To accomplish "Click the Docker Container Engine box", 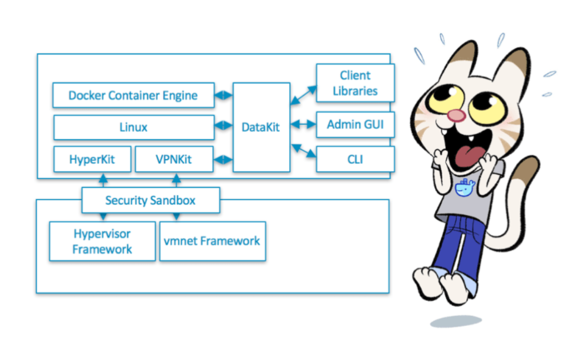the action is pyautogui.click(x=134, y=95).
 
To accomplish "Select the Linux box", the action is pyautogui.click(x=134, y=127).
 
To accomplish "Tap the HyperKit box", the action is pyautogui.click(x=93, y=159).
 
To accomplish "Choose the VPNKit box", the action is pyautogui.click(x=174, y=159).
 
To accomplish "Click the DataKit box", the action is pyautogui.click(x=261, y=127).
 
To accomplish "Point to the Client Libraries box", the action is pyautogui.click(x=355, y=83).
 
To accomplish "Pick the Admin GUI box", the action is pyautogui.click(x=355, y=124).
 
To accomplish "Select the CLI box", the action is pyautogui.click(x=355, y=159).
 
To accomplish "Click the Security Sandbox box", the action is pyautogui.click(x=151, y=200).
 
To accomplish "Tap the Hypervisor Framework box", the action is pyautogui.click(x=102, y=242).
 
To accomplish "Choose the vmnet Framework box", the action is pyautogui.click(x=213, y=242).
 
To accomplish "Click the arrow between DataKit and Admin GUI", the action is pyautogui.click(x=303, y=124).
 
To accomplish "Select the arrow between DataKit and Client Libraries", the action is pyautogui.click(x=303, y=95).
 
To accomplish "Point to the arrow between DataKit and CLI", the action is pyautogui.click(x=304, y=151).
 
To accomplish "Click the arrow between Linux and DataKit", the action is pyautogui.click(x=223, y=125).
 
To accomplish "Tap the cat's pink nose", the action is pyautogui.click(x=456, y=116).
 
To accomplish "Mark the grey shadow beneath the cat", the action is pyautogui.click(x=456, y=321).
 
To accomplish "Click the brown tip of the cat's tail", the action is pyautogui.click(x=526, y=170).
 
